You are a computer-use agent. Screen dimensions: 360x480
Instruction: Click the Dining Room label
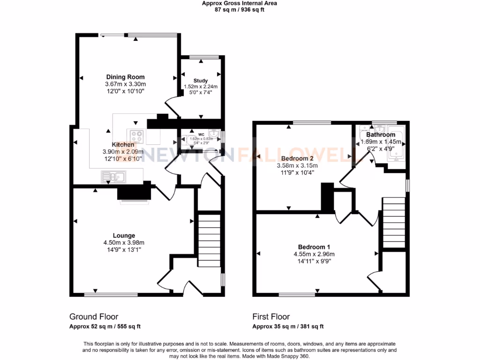click(125, 77)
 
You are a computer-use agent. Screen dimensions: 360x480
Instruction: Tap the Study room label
click(200, 81)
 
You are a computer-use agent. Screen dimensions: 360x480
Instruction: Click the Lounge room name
click(124, 235)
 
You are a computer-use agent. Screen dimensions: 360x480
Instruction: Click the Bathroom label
click(381, 135)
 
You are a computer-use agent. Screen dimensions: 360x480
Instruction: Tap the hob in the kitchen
click(137, 136)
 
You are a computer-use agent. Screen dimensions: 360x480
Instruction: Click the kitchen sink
click(112, 177)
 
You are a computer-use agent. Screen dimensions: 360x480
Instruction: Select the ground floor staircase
click(208, 239)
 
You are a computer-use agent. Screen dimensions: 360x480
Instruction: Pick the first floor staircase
click(394, 222)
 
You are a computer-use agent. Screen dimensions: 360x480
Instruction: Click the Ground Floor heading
click(94, 316)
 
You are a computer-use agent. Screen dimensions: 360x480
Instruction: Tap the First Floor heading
click(271, 316)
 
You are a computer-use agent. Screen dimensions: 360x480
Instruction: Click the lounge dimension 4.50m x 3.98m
click(124, 242)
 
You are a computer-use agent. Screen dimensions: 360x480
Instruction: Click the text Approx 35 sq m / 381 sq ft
click(288, 327)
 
